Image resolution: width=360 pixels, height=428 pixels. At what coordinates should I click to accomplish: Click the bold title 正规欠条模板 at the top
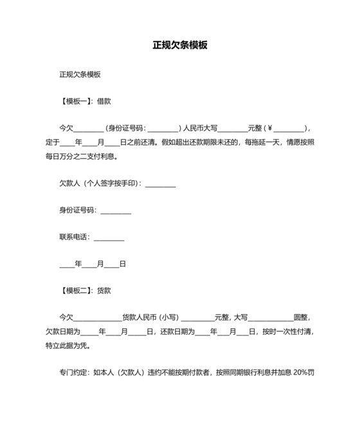180,46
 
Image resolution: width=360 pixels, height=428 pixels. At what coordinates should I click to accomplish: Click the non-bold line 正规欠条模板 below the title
80,75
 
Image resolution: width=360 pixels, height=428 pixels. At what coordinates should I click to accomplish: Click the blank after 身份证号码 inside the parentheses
163,127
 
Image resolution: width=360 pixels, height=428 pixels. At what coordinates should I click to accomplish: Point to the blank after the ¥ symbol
289,127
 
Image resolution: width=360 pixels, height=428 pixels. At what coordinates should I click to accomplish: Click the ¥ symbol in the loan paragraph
270,127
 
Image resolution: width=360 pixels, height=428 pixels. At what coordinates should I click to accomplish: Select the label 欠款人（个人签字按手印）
100,184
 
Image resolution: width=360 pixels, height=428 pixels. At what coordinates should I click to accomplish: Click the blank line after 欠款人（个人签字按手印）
161,185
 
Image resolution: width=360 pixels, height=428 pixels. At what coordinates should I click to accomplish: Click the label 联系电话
74,237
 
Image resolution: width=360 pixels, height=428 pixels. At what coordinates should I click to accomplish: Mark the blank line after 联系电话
109,238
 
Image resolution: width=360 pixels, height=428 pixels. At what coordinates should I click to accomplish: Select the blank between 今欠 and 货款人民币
98,318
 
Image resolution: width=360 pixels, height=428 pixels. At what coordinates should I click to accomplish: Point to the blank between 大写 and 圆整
270,318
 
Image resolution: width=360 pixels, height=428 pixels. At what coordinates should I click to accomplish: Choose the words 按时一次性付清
286,332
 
